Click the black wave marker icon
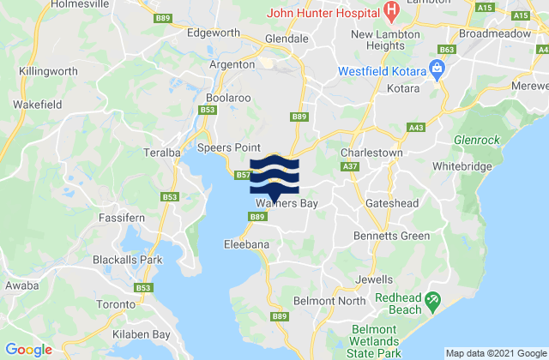[274, 174]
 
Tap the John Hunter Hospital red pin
[392, 12]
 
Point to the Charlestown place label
[371, 152]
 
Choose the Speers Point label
[223, 147]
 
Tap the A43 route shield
[416, 127]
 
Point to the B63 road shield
[445, 51]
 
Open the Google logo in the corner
[29, 349]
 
